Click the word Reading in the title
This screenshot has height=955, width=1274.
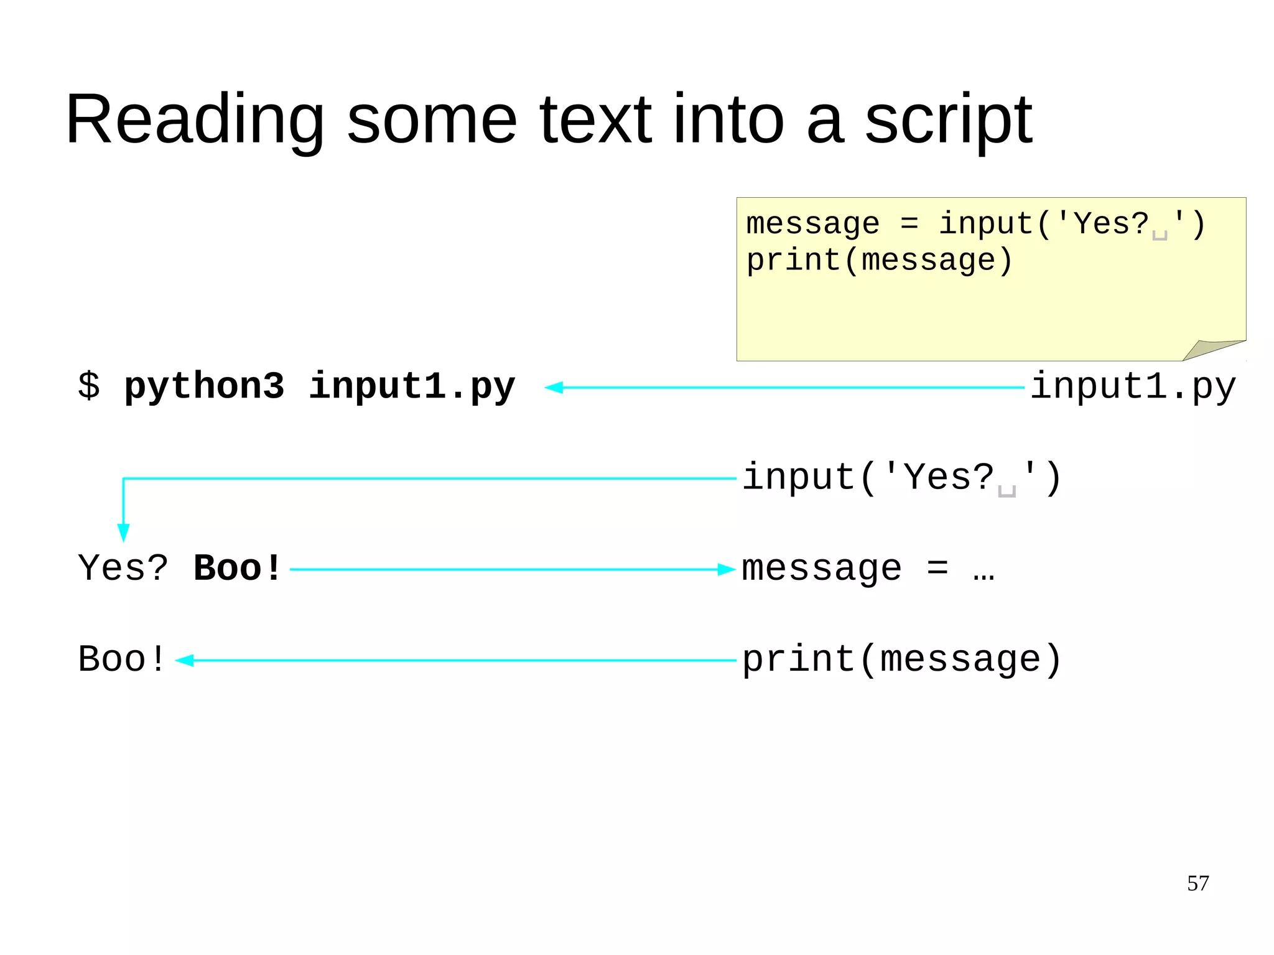195,119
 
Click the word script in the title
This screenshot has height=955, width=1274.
948,119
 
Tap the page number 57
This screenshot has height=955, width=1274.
1197,883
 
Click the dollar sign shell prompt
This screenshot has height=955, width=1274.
88,386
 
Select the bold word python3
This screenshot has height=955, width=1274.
204,386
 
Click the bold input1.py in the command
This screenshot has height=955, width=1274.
412,386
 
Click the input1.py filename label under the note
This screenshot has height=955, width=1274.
1132,386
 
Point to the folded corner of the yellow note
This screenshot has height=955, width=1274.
1210,350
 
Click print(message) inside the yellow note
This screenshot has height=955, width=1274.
879,260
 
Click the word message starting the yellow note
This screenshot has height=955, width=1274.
812,224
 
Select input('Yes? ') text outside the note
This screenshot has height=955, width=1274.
901,478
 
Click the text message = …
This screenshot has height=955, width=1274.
868,569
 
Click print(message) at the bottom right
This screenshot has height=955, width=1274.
901,659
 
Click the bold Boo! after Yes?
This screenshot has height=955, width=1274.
238,569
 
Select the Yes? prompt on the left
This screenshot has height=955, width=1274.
123,569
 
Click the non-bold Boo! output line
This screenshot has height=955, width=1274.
122,659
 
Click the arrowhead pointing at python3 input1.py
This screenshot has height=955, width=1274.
554,388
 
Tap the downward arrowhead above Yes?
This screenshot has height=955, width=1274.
123,533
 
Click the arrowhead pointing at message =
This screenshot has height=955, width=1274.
727,569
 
